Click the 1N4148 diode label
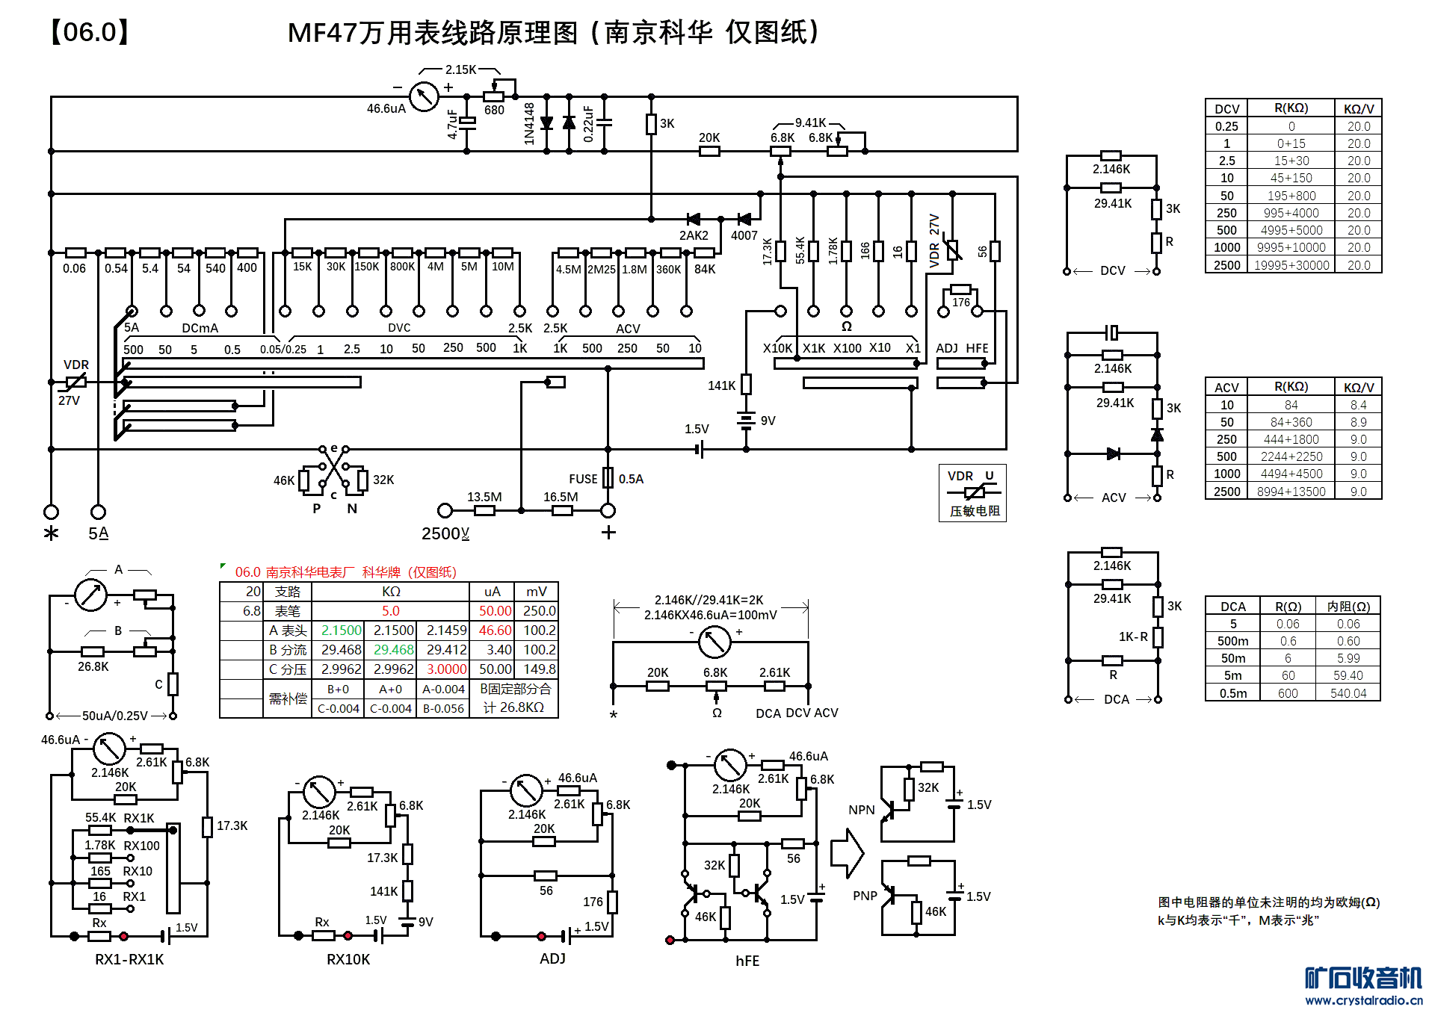pos(529,124)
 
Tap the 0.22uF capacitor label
pos(588,124)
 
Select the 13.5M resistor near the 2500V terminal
pos(484,510)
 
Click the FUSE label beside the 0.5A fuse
pos(583,479)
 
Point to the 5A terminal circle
pos(98,512)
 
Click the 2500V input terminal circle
pos(445,510)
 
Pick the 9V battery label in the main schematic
pos(768,421)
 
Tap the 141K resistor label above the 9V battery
pos(721,385)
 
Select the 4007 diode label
pos(744,235)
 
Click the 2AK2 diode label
pos(693,235)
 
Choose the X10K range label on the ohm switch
pos(777,348)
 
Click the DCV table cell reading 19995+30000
pos(1291,265)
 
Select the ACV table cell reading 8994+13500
pos(1291,492)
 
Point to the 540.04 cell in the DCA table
pos(1348,693)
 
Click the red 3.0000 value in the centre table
pos(446,669)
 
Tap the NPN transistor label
pos(861,810)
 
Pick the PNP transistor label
pos(865,896)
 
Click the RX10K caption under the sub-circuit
pos(348,959)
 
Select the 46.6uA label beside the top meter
pos(386,108)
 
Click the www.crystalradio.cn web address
pos(1363,1000)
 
